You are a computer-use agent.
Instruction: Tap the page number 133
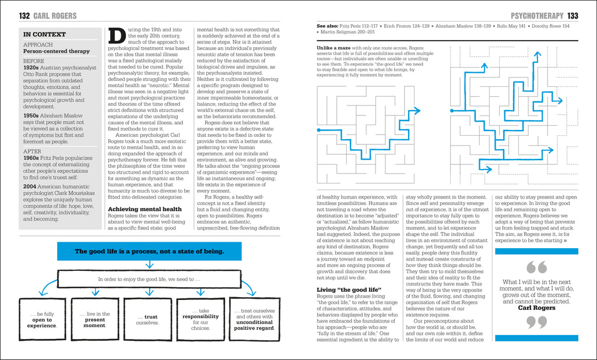point(573,16)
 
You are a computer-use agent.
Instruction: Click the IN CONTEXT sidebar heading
point(44,34)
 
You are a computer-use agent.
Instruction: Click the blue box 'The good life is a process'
point(149,251)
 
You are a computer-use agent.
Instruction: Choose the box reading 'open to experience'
point(42,320)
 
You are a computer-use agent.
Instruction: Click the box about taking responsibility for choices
point(201,319)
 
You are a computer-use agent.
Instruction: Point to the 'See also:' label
point(329,26)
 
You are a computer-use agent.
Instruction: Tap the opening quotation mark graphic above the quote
point(536,267)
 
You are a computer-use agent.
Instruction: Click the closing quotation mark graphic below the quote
point(536,322)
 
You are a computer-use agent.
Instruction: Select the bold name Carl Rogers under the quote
point(536,308)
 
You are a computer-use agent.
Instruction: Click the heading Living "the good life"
point(349,290)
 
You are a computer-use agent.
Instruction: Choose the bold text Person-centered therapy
point(56,51)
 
